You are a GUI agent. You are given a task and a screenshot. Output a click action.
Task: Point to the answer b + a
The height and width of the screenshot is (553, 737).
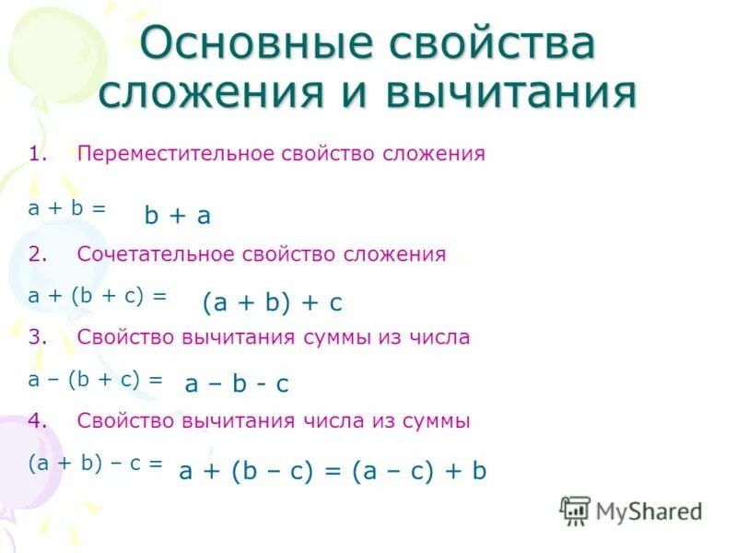coord(178,216)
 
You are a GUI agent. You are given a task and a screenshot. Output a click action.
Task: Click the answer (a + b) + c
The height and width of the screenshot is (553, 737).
coord(272,301)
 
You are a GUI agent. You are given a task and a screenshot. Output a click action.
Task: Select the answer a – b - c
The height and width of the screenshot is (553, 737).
coord(237,383)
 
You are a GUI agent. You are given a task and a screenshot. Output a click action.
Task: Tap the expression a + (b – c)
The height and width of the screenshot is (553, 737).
coord(244,471)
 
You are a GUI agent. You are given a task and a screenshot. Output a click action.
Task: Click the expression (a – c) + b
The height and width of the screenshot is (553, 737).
coord(416,471)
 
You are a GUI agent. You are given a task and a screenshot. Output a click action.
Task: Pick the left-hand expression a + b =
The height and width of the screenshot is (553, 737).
coord(67,208)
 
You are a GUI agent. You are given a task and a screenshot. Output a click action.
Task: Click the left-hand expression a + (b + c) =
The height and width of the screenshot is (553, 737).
coord(98,296)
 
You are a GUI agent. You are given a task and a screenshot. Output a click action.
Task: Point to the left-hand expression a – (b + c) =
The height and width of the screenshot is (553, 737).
coord(96,379)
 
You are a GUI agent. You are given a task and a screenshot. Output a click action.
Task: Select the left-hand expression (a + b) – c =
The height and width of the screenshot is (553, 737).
coord(95,464)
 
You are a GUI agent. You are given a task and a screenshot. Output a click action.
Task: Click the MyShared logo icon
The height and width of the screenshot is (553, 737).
coord(575,511)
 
